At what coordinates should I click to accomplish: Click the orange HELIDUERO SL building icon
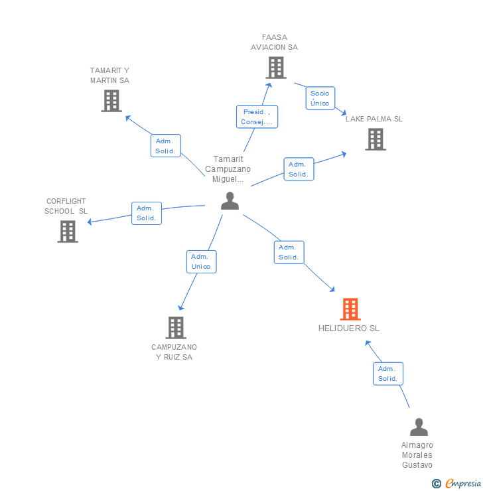click(350, 309)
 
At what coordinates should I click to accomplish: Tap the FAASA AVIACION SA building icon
click(275, 68)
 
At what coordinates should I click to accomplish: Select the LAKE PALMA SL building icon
click(375, 139)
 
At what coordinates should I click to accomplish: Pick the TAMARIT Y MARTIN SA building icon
click(111, 101)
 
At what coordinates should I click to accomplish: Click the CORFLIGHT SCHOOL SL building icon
click(67, 232)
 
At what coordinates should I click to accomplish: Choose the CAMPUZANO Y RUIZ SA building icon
click(175, 327)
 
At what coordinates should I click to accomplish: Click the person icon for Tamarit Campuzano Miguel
click(230, 200)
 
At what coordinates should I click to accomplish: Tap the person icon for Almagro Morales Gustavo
click(418, 427)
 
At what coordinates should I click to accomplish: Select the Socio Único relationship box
click(320, 98)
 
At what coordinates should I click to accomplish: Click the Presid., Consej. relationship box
click(257, 117)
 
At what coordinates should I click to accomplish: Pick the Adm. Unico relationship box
click(201, 261)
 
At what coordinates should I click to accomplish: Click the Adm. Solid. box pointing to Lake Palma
click(299, 169)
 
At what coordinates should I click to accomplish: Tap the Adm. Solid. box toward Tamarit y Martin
click(165, 146)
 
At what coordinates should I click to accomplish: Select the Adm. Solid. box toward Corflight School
click(146, 213)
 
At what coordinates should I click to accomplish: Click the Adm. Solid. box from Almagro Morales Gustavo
click(387, 374)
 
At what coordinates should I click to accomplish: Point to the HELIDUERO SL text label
click(349, 328)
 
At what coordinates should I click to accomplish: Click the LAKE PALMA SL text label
click(374, 119)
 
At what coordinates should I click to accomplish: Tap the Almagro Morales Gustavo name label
click(417, 455)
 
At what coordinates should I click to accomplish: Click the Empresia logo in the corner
click(462, 483)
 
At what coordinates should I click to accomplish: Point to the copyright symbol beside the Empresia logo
click(437, 484)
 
